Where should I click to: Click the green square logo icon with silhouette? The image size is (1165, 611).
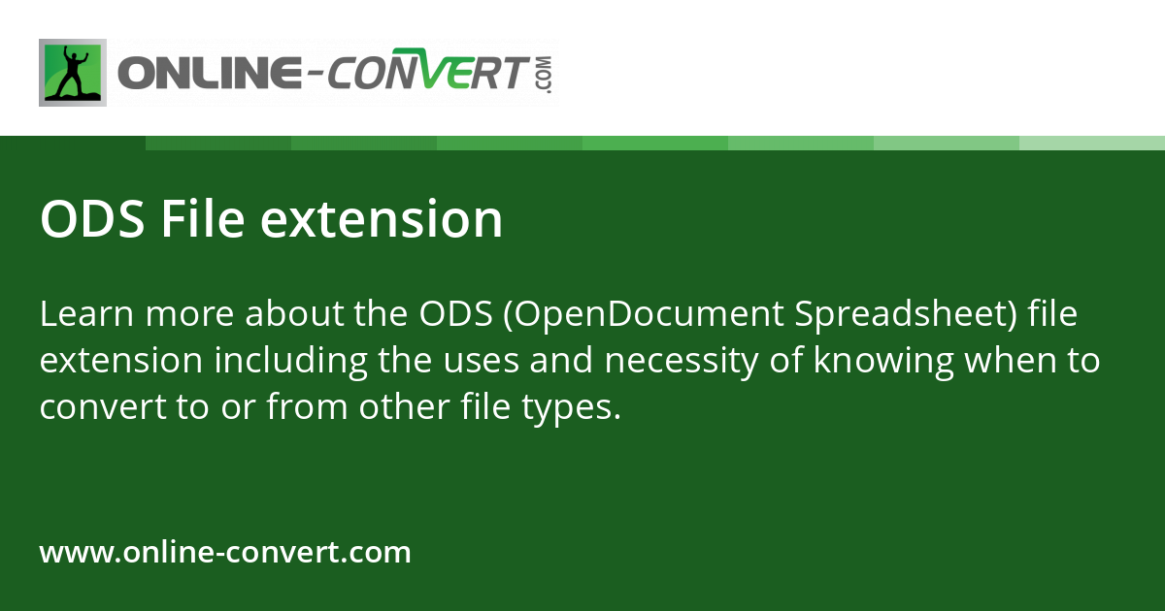tap(73, 73)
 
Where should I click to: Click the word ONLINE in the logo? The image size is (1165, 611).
tap(210, 73)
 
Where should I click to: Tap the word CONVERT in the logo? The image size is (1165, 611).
tap(428, 70)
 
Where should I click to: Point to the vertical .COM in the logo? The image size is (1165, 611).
tap(544, 75)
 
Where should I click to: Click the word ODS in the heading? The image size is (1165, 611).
tap(92, 219)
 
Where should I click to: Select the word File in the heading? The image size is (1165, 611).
tap(202, 218)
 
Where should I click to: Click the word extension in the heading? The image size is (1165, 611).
tap(382, 219)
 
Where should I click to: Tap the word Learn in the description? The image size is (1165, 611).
tap(86, 313)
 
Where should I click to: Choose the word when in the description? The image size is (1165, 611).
tap(1011, 360)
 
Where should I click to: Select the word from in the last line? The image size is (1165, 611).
tap(308, 405)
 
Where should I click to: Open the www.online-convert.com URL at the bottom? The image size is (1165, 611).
tap(225, 552)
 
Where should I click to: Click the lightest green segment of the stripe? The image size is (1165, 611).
tap(1092, 143)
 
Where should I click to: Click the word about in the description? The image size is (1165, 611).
tap(294, 313)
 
